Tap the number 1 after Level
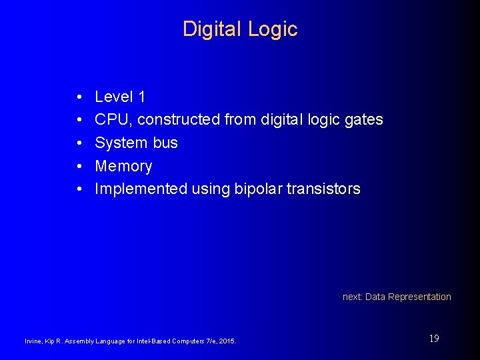pyautogui.click(x=141, y=97)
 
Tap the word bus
pyautogui.click(x=166, y=143)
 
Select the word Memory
pyautogui.click(x=123, y=166)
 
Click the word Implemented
pyautogui.click(x=141, y=189)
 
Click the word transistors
pyautogui.click(x=323, y=189)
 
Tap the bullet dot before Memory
pyautogui.click(x=79, y=167)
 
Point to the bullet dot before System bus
pyautogui.click(x=79, y=143)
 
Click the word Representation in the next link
pyautogui.click(x=419, y=297)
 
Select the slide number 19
pyautogui.click(x=434, y=339)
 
